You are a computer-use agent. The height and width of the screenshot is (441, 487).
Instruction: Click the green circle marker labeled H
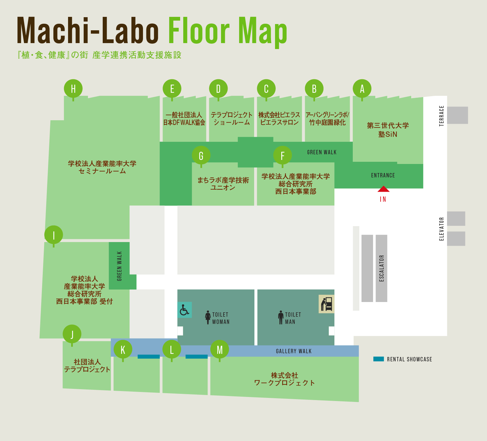coord(73,89)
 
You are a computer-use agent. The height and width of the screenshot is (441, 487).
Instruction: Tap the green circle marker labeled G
coord(201,155)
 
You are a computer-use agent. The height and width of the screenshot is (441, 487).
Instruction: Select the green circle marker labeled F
coord(283,155)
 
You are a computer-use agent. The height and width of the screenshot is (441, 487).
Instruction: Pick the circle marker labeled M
coord(219,349)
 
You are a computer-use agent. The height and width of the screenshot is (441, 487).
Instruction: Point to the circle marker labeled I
coord(54,235)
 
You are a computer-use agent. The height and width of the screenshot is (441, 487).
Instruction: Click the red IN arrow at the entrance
coord(383,189)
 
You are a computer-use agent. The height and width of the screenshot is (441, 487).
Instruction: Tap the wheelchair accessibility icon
coord(184,310)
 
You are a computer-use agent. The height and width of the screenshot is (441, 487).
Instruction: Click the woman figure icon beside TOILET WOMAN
coord(208,317)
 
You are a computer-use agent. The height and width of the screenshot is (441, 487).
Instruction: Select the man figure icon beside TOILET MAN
coord(281,317)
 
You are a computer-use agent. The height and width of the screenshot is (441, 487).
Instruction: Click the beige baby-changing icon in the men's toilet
coord(326,304)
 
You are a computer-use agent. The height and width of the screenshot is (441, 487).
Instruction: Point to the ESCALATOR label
coord(381,268)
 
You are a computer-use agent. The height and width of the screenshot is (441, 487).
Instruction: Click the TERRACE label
coord(441,116)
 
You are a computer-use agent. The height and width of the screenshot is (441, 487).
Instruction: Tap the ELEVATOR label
coord(441,229)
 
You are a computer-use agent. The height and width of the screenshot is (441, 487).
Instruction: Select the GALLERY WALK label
coord(293,351)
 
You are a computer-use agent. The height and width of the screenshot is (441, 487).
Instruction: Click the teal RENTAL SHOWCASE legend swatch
coord(378,359)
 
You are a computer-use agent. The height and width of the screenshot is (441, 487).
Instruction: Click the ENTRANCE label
coord(383,176)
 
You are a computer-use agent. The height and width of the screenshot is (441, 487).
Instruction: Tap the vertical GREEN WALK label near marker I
coord(119,266)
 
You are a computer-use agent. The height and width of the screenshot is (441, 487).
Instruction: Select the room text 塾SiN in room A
coord(388,134)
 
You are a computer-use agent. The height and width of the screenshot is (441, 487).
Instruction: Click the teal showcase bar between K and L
coord(149,356)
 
